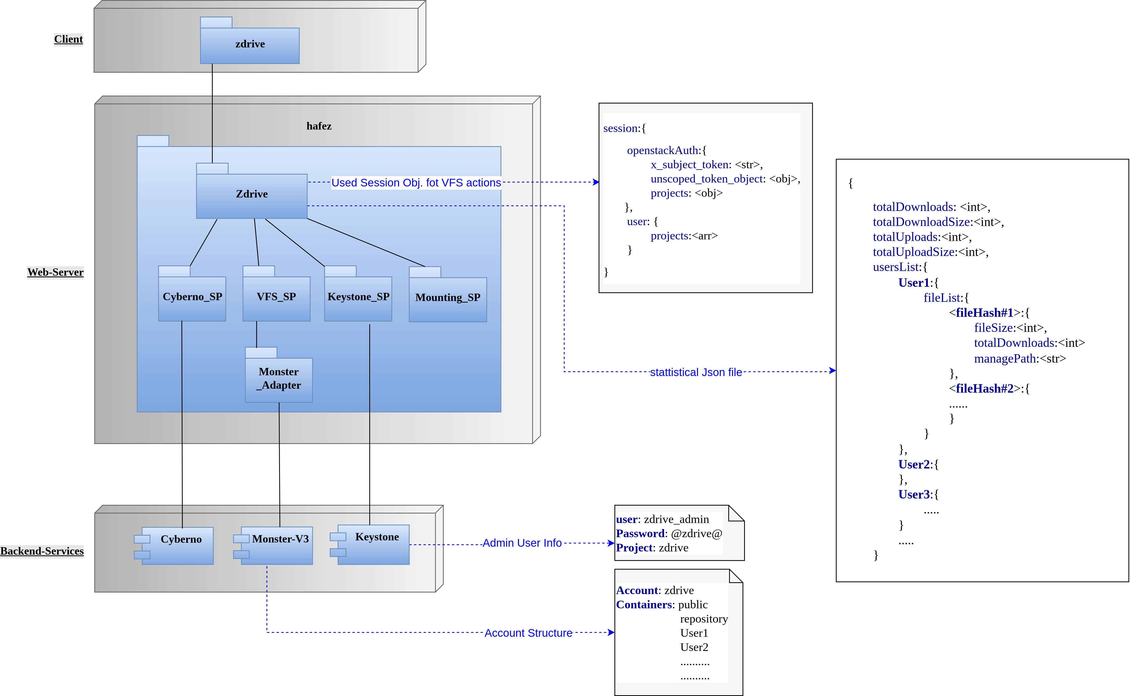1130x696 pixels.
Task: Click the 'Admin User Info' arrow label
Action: click(x=522, y=543)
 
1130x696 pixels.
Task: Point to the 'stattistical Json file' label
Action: click(x=696, y=372)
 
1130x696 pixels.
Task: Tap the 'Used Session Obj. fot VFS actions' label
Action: click(x=416, y=183)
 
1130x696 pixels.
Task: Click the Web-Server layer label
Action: click(x=55, y=272)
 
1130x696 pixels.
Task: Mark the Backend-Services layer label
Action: click(x=42, y=551)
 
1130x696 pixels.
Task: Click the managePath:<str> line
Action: click(x=1020, y=359)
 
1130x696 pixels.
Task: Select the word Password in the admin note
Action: click(x=640, y=534)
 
